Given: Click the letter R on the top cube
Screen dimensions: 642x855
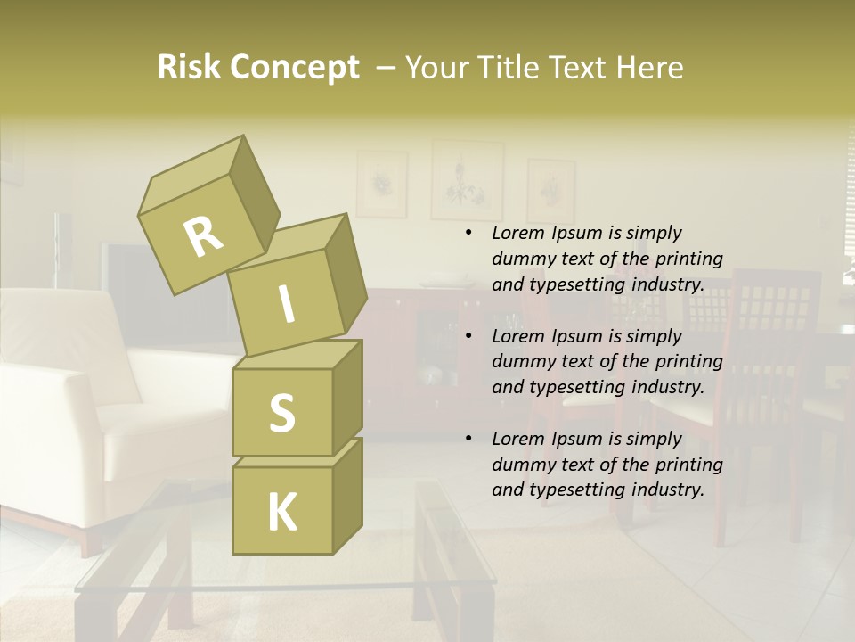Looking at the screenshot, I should tap(204, 237).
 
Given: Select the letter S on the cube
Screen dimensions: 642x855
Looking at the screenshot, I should tap(281, 413).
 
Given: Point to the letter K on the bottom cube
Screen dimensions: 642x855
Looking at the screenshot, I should tap(281, 513).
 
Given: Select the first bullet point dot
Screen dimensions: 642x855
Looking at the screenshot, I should tap(468, 234).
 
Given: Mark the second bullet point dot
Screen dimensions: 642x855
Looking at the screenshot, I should tap(468, 337).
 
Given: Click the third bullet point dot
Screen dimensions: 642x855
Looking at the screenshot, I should tap(468, 440).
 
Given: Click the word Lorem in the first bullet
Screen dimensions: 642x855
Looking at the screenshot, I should tap(517, 234).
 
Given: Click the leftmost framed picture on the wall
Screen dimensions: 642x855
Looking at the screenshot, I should tap(382, 184).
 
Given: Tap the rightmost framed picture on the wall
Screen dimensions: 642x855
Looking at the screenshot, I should tap(550, 190).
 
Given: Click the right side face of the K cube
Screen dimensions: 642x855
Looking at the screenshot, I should tap(346, 495).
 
